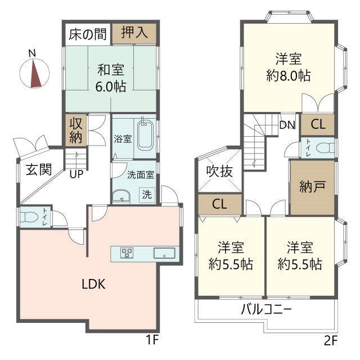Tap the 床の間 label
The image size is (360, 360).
click(88, 34)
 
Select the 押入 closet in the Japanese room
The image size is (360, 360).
click(134, 34)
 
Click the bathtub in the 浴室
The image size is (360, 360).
click(145, 135)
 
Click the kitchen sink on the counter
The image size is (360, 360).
click(164, 253)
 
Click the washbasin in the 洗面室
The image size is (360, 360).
click(121, 196)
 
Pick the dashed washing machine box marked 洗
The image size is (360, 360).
click(147, 195)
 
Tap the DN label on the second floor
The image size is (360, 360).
click(287, 125)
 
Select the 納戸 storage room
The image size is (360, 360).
click(312, 187)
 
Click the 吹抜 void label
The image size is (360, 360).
click(219, 172)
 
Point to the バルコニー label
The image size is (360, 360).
click(266, 309)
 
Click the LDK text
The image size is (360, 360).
click(94, 284)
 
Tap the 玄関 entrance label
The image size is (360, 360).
click(39, 170)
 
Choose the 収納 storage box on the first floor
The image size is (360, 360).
click(76, 130)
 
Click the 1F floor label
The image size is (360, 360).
click(152, 340)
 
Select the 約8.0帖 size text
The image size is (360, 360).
click(289, 75)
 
